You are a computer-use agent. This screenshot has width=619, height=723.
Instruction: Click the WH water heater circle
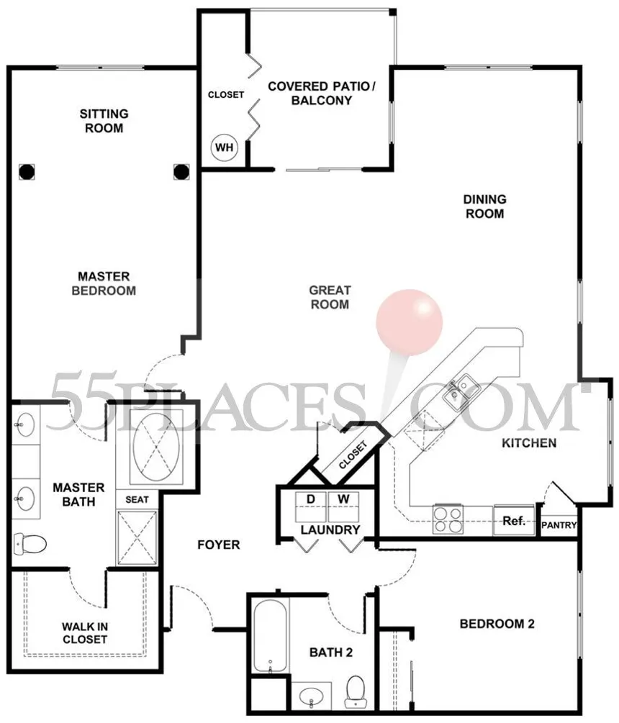pyautogui.click(x=224, y=147)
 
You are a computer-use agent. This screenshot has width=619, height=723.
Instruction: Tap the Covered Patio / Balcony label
pyautogui.click(x=322, y=93)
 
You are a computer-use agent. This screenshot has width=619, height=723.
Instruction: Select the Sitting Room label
pyautogui.click(x=104, y=121)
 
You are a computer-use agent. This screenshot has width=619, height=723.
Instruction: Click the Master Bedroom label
pyautogui.click(x=104, y=283)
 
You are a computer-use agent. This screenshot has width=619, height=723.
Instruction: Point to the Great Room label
pyautogui.click(x=330, y=297)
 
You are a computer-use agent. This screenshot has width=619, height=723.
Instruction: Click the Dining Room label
pyautogui.click(x=485, y=206)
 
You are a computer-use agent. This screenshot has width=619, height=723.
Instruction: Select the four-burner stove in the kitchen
pyautogui.click(x=448, y=519)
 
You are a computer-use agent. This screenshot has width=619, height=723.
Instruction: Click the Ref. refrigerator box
pyautogui.click(x=514, y=521)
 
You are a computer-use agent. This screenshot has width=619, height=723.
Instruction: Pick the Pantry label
pyautogui.click(x=559, y=525)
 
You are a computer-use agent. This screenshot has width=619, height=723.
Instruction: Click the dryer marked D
pyautogui.click(x=311, y=506)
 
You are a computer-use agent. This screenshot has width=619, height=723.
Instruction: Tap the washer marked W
pyautogui.click(x=343, y=506)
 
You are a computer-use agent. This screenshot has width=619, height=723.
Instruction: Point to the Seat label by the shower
pyautogui.click(x=137, y=500)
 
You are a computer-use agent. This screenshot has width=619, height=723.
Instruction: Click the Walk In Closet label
pyautogui.click(x=85, y=633)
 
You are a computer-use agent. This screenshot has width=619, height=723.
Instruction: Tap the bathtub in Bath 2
pyautogui.click(x=271, y=637)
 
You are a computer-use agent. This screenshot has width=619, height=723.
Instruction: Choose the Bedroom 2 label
pyautogui.click(x=497, y=624)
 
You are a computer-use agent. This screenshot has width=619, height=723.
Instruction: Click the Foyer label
pyautogui.click(x=219, y=545)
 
